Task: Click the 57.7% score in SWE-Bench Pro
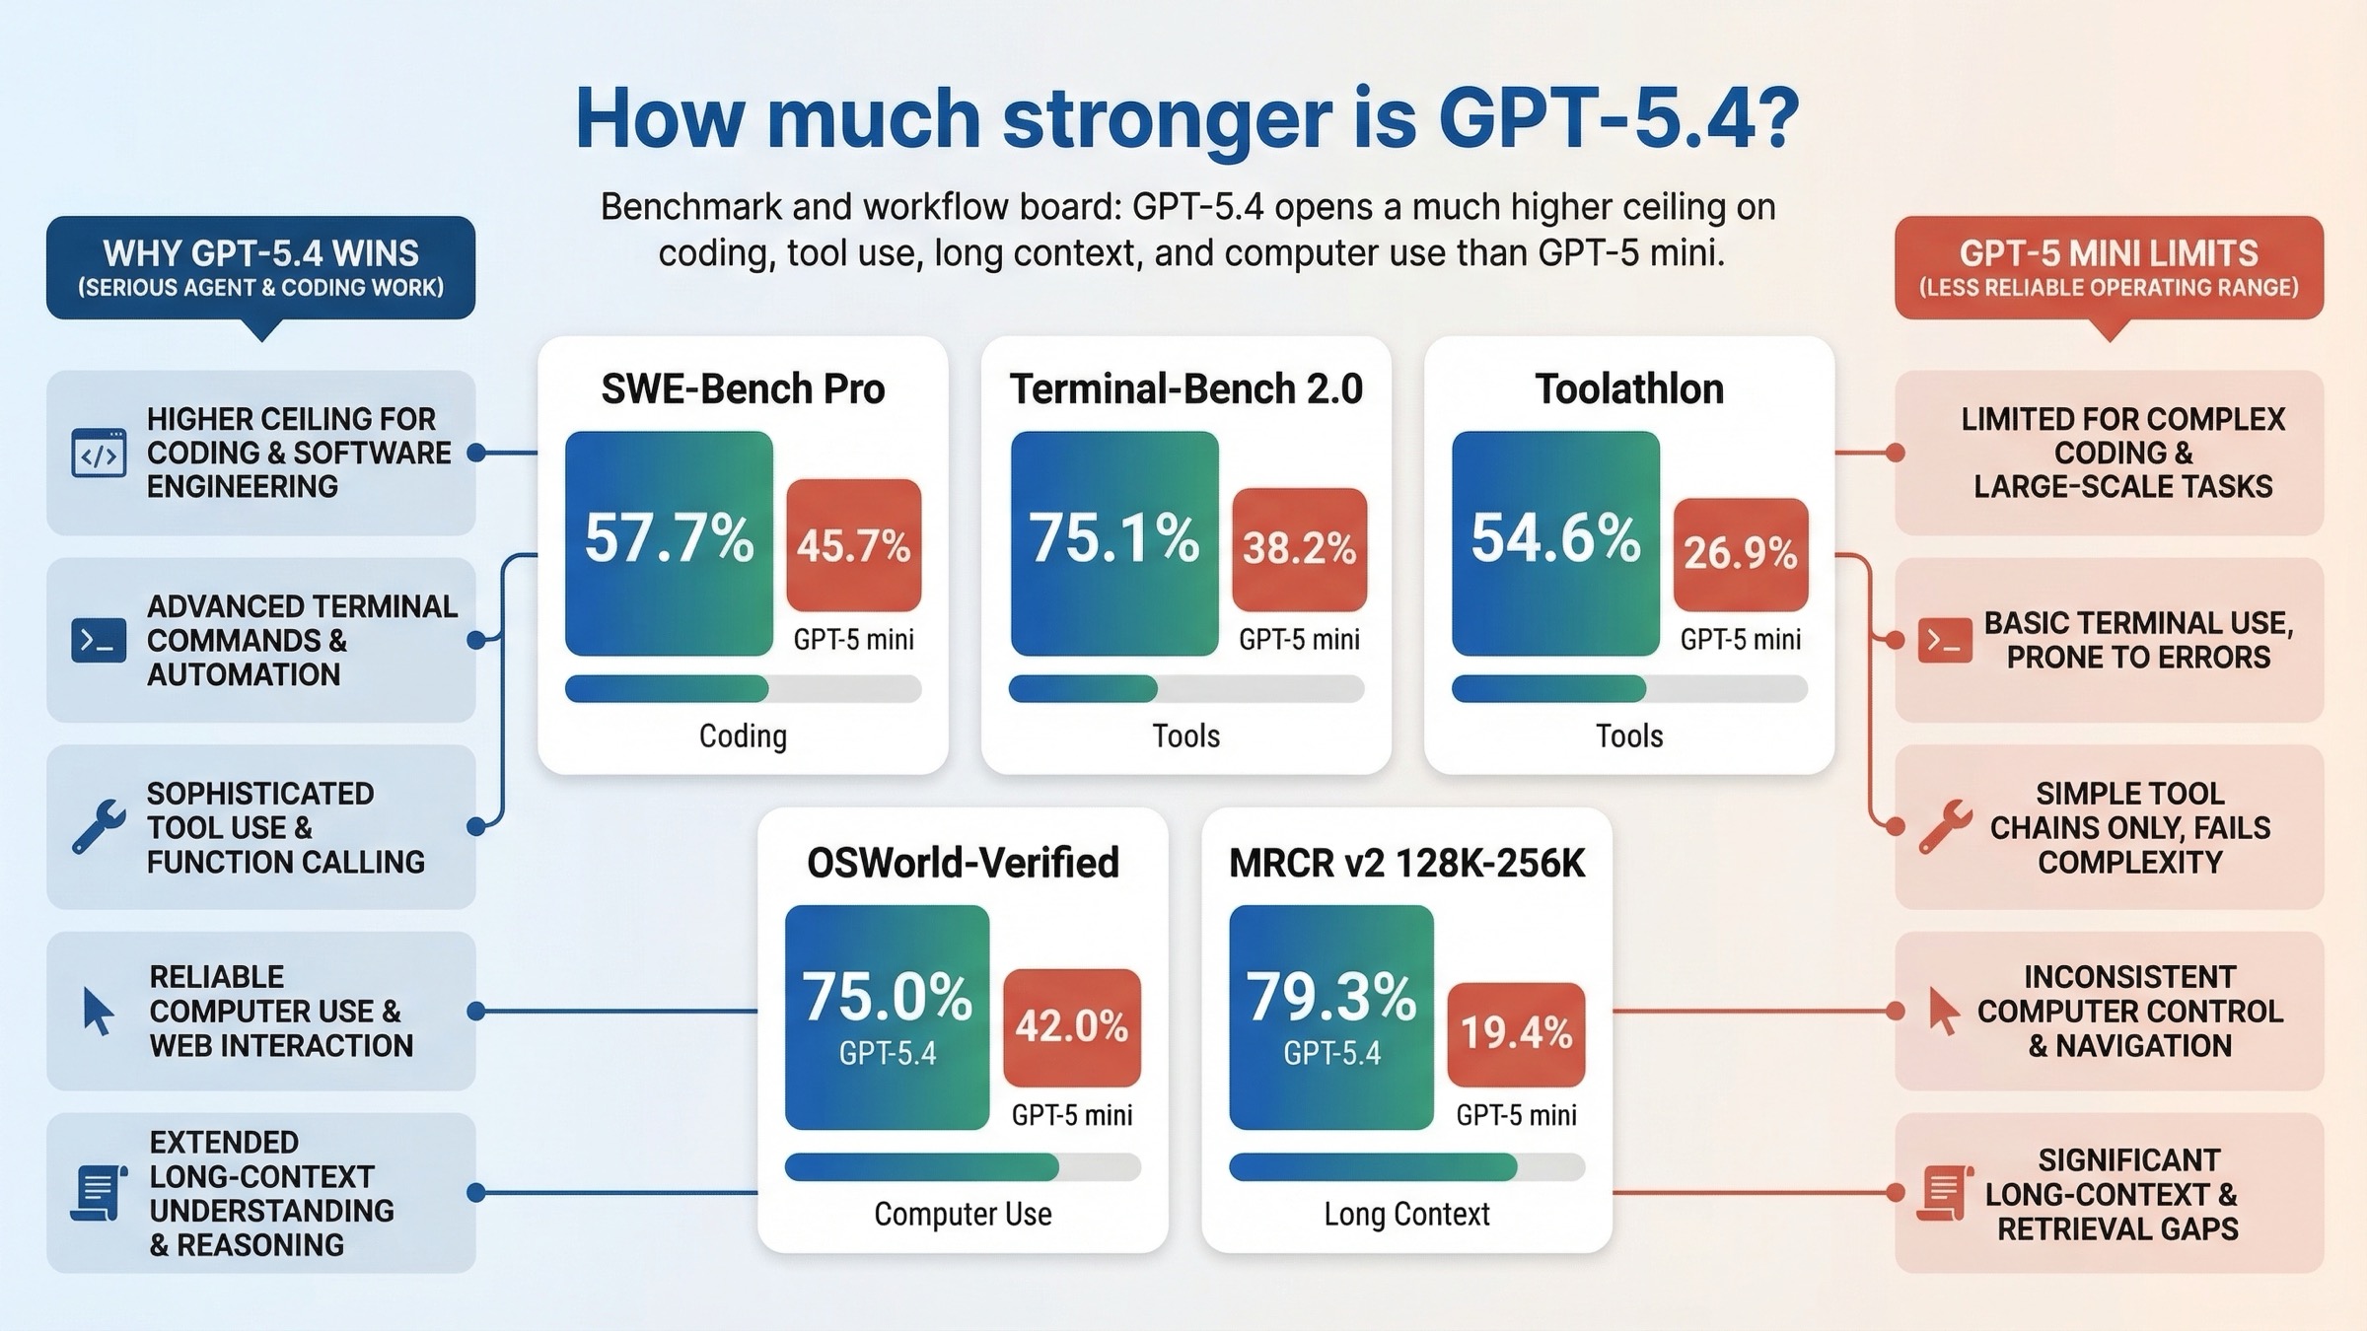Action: point(669,540)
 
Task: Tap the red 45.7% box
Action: point(853,545)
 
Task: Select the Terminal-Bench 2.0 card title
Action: point(1185,388)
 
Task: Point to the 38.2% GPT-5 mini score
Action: point(1299,548)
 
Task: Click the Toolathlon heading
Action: point(1629,388)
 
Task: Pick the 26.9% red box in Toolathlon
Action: point(1740,553)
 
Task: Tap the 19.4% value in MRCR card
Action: point(1516,1032)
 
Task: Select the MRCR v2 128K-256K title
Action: point(1406,863)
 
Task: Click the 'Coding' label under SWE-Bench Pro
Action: point(743,736)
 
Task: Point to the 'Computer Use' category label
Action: point(963,1214)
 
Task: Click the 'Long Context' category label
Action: point(1406,1214)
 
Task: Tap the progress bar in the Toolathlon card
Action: point(1629,688)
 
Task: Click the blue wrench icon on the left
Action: point(99,825)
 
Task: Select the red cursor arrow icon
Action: point(1943,1012)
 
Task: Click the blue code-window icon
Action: point(99,454)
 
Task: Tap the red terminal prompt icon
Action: point(1944,641)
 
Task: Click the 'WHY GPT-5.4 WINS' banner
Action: point(260,267)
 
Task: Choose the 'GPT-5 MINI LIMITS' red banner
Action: point(2109,267)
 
